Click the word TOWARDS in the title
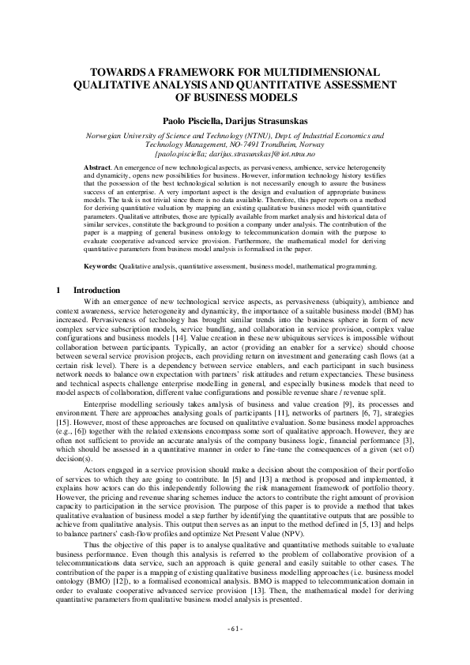(x=119, y=70)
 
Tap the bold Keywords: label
(x=102, y=266)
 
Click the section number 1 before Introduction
(x=58, y=290)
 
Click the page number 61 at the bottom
(x=235, y=629)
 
